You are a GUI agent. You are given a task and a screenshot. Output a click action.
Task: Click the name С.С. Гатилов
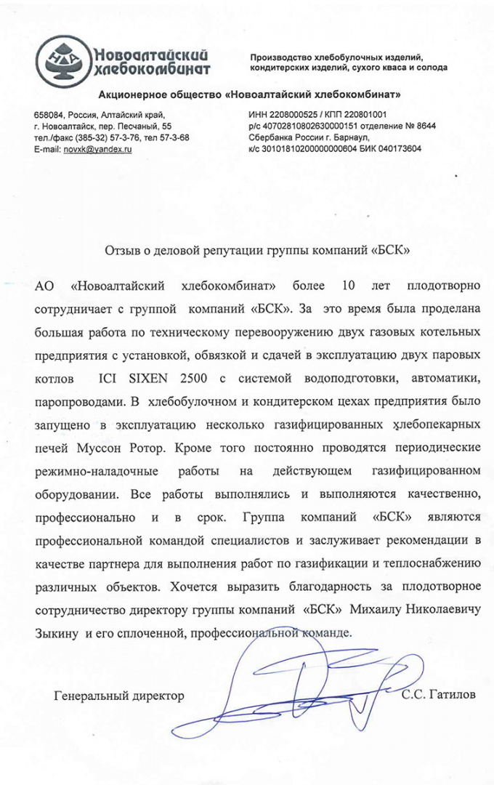pyautogui.click(x=440, y=695)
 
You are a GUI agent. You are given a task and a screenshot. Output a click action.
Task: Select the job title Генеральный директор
pyautogui.click(x=119, y=696)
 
